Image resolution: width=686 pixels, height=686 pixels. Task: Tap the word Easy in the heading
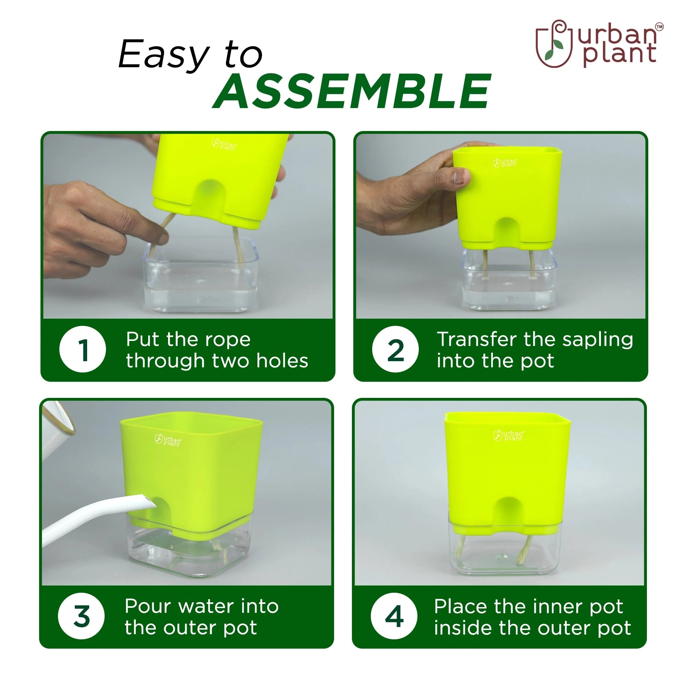pyautogui.click(x=164, y=55)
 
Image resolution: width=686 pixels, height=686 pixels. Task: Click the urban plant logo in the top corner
pyautogui.click(x=599, y=44)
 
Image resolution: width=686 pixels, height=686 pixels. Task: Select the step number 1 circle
pyautogui.click(x=83, y=349)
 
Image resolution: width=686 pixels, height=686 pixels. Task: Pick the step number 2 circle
pyautogui.click(x=395, y=349)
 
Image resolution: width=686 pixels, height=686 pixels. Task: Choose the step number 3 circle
pyautogui.click(x=81, y=616)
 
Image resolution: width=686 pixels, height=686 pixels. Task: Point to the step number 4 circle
pyautogui.click(x=394, y=616)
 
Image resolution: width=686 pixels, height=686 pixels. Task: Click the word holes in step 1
pyautogui.click(x=282, y=361)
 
